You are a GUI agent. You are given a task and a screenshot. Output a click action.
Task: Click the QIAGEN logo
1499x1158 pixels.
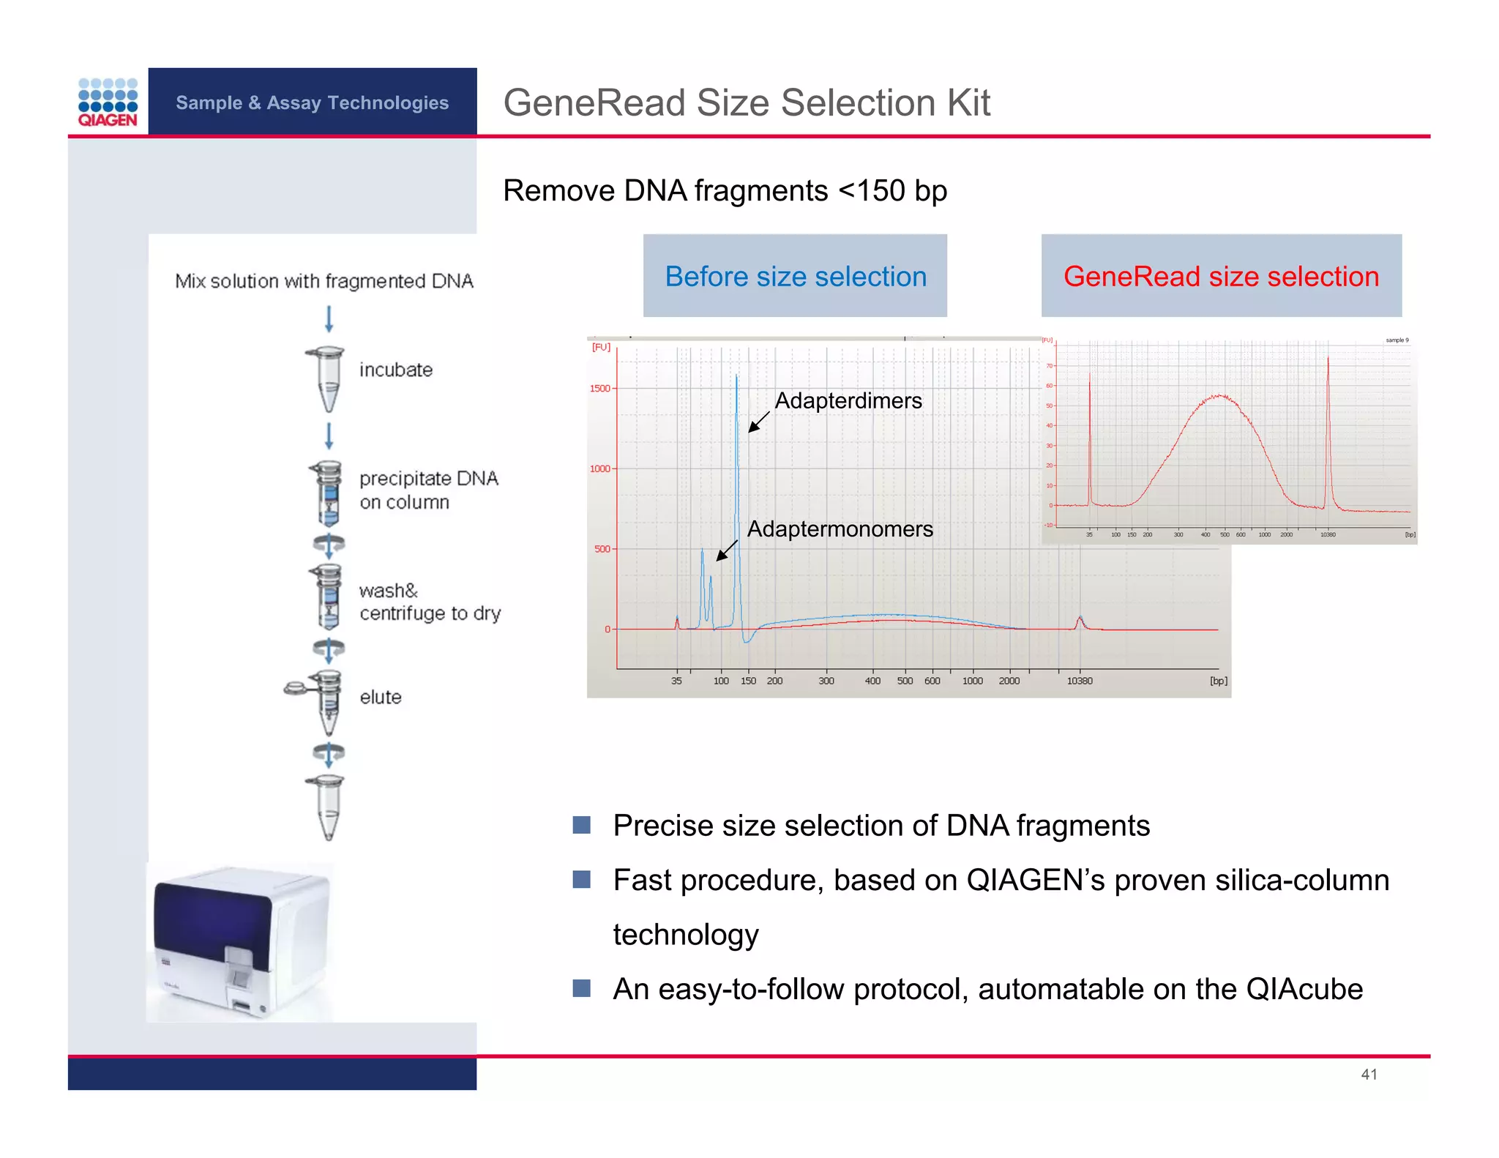pos(108,102)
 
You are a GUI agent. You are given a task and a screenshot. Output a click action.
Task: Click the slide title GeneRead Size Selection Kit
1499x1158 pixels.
pos(747,102)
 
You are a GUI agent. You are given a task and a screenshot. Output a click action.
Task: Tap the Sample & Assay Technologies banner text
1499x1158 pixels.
pos(312,102)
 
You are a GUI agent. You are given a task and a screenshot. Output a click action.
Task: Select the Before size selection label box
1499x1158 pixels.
pos(795,276)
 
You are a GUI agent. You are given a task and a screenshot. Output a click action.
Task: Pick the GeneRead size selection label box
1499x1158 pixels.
pos(1221,276)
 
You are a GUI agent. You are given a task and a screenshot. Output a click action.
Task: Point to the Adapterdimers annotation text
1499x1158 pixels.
pos(848,401)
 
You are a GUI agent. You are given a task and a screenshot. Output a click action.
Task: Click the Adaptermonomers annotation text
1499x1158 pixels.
pos(840,528)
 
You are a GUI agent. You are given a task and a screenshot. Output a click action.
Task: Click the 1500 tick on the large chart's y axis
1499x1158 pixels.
pos(600,388)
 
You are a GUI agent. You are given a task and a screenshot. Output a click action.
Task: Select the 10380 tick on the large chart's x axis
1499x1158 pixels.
pos(1079,681)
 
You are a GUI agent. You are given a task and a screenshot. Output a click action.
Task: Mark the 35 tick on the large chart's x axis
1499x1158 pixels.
pos(676,681)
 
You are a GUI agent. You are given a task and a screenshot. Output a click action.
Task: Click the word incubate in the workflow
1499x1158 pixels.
pos(396,370)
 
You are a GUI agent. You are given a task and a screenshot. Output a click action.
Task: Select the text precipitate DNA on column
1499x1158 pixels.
pos(428,490)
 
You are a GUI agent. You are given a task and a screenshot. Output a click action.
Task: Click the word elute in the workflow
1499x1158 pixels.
pos(381,697)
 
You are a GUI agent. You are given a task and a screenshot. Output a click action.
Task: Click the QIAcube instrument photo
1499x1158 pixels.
pos(241,942)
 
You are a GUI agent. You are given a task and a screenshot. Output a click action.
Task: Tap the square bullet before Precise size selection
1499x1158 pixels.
pos(582,825)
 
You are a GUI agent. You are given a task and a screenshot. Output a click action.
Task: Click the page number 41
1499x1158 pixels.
pos(1369,1074)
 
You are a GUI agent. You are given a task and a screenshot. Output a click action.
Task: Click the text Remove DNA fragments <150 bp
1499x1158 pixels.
pos(725,191)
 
